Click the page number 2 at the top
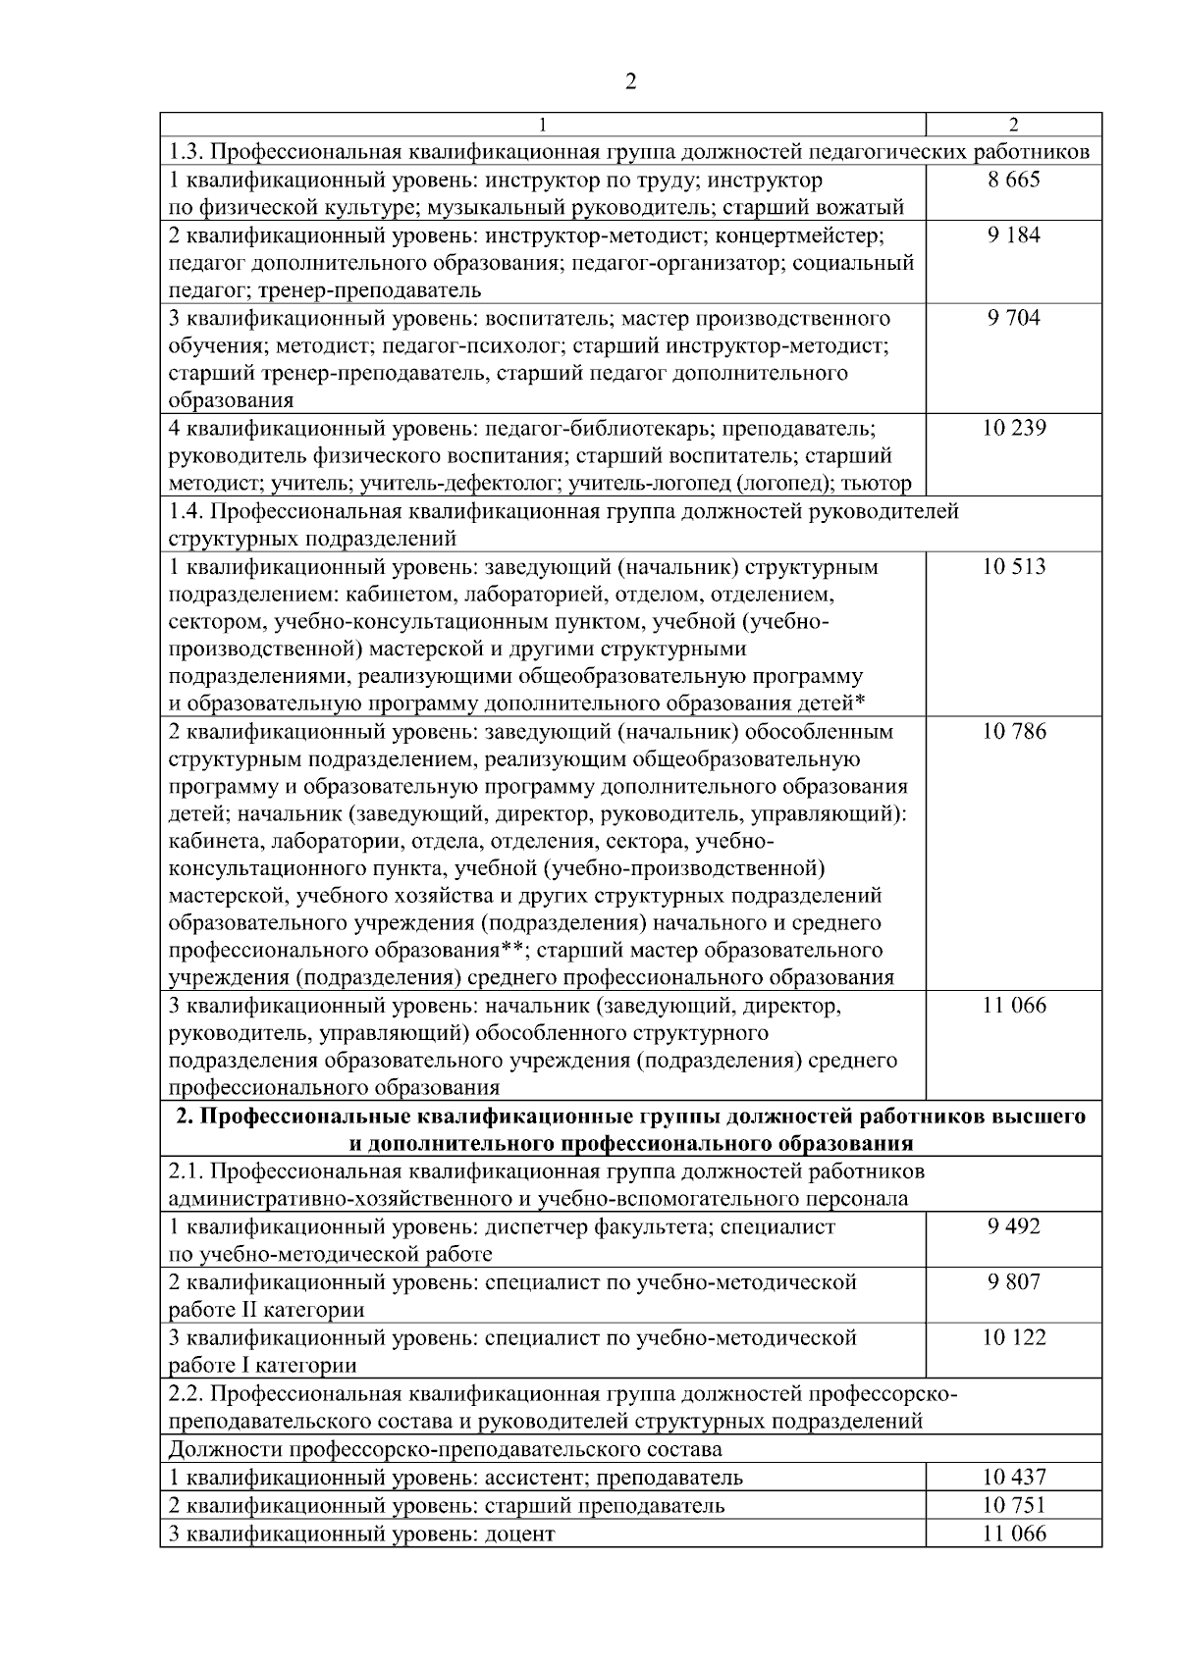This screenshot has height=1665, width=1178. [x=631, y=81]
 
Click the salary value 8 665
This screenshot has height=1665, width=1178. [x=1014, y=180]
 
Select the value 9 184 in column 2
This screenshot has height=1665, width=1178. [x=1014, y=234]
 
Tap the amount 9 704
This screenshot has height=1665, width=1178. [x=1014, y=317]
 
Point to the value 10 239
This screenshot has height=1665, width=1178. [x=1014, y=428]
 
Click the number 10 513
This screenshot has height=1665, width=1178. [x=1014, y=566]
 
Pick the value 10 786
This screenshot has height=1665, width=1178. [x=1014, y=731]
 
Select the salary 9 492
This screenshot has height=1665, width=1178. [x=1014, y=1226]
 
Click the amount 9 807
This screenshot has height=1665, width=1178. [x=1014, y=1281]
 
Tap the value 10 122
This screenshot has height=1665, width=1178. [x=1014, y=1337]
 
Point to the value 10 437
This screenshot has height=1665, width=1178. [x=1014, y=1477]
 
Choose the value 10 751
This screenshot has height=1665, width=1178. [x=1014, y=1505]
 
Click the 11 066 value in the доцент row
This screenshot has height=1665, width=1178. [x=1014, y=1534]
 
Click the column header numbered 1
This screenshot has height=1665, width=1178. [x=543, y=125]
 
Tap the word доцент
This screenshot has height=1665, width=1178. [x=519, y=1534]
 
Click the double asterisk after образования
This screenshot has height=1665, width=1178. [x=510, y=950]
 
